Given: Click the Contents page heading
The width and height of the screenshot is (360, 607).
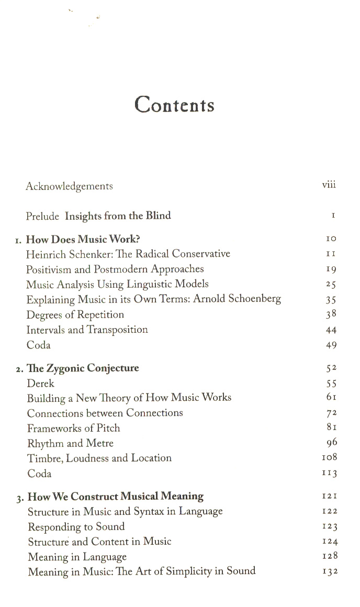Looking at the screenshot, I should (174, 105).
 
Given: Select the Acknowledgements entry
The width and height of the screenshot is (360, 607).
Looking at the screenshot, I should (69, 186).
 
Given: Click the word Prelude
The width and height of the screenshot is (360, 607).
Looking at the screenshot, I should (42, 216).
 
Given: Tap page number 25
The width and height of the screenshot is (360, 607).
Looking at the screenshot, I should (331, 285).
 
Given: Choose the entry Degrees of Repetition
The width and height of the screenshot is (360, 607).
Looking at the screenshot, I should (75, 315).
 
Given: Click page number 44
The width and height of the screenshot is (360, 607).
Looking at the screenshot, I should (331, 330).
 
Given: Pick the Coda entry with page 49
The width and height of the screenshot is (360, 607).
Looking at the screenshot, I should (39, 345).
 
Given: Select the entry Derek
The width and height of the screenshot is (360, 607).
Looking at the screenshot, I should (41, 384).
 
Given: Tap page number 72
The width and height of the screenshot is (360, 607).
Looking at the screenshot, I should (331, 413).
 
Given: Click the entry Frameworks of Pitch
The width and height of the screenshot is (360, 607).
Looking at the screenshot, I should (74, 429).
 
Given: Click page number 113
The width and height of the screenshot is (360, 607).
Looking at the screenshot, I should (330, 474).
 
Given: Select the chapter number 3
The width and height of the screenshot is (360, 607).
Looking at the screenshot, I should (19, 497).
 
